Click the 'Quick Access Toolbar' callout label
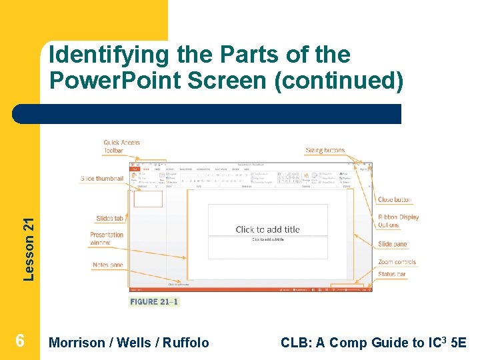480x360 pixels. pyautogui.click(x=121, y=147)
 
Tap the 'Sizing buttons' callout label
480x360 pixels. pyautogui.click(x=325, y=151)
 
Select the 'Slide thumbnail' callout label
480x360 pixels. pyautogui.click(x=102, y=179)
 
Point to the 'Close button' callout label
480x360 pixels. pyautogui.click(x=395, y=200)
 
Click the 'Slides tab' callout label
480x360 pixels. pyautogui.click(x=110, y=219)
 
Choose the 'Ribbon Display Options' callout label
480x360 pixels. pyautogui.click(x=398, y=221)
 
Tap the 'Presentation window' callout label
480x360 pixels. pyautogui.click(x=107, y=239)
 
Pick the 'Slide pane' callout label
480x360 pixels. pyautogui.click(x=392, y=245)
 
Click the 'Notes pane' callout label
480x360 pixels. pyautogui.click(x=108, y=265)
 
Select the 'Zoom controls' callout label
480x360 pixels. pyautogui.click(x=397, y=263)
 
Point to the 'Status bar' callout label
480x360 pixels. pyautogui.click(x=392, y=274)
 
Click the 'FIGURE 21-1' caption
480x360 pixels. pyautogui.click(x=154, y=302)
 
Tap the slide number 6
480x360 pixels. pyautogui.click(x=20, y=341)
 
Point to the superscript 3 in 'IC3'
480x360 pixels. pyautogui.click(x=446, y=339)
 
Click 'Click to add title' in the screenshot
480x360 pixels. pyautogui.click(x=268, y=229)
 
